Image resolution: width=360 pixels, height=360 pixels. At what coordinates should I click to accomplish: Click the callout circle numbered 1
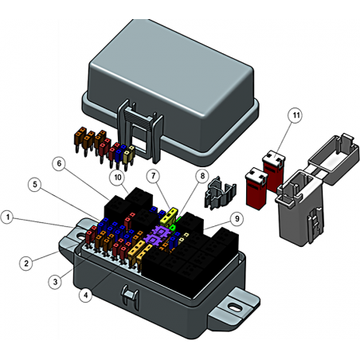click(8, 217)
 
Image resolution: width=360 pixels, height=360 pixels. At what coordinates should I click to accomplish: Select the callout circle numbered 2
click(26, 264)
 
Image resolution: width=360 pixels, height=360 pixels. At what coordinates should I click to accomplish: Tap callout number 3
click(55, 282)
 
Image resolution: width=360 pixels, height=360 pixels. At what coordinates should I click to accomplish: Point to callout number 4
click(86, 295)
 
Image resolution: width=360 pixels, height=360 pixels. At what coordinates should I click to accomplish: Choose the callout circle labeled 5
click(35, 185)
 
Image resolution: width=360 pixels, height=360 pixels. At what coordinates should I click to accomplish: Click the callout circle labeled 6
click(59, 163)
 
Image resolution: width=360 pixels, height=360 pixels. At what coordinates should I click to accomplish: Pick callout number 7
click(154, 176)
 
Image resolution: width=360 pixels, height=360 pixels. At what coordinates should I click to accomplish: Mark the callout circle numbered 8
click(202, 176)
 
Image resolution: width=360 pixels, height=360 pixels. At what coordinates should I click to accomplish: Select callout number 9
click(237, 219)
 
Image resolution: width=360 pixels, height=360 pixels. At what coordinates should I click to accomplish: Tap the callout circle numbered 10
click(118, 178)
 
